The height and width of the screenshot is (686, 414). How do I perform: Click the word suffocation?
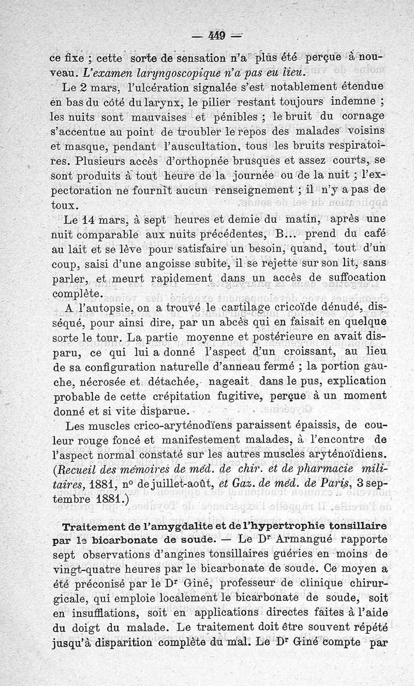pos(352,278)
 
